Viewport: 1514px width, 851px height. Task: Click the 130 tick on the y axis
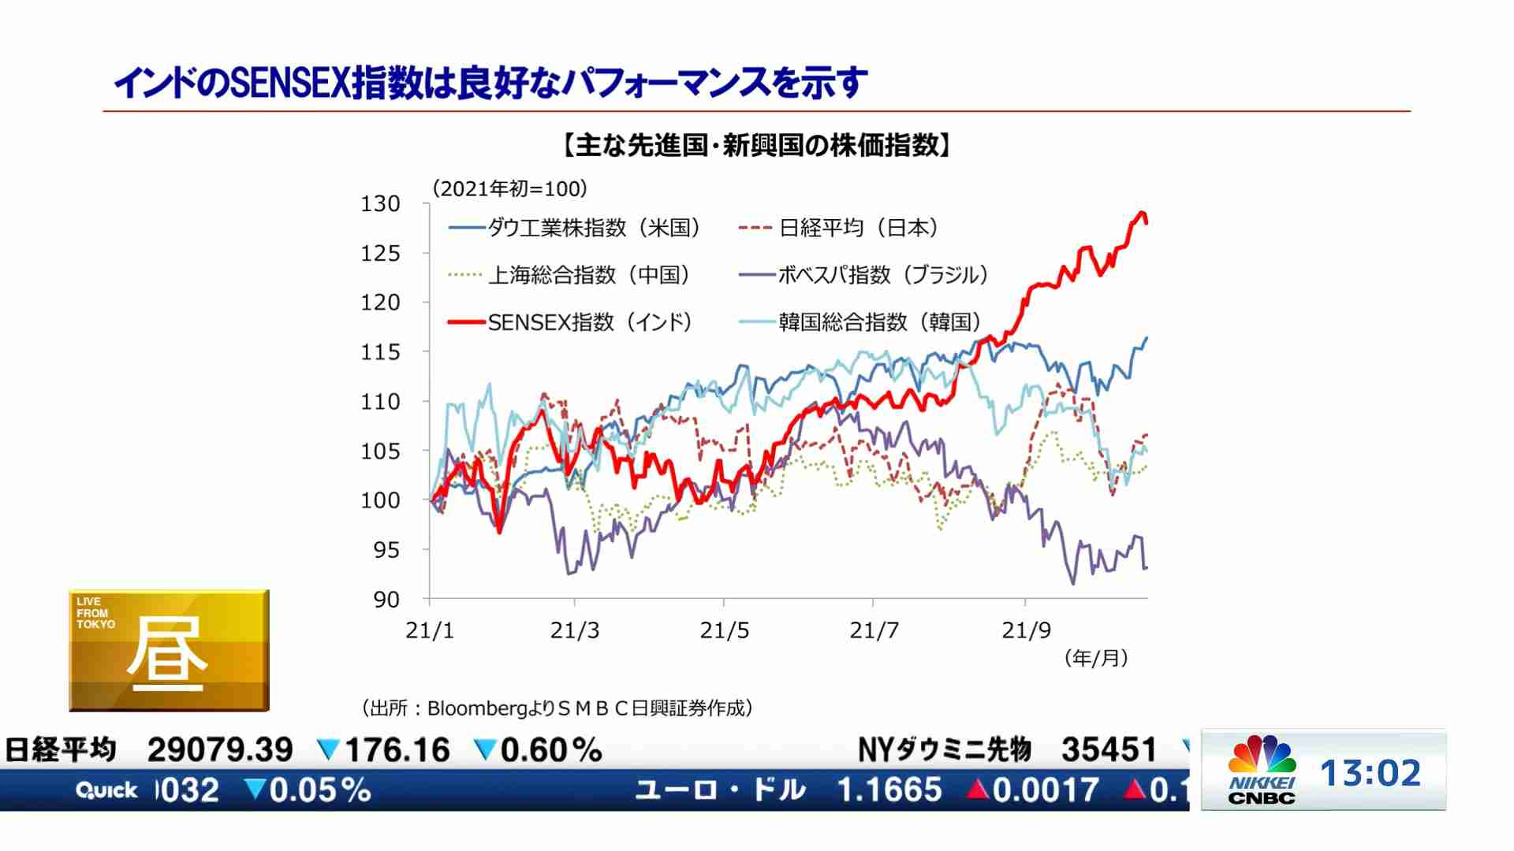click(381, 204)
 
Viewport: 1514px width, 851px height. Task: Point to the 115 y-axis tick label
click(381, 352)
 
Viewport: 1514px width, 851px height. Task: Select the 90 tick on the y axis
click(386, 600)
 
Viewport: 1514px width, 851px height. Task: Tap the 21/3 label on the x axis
click(575, 630)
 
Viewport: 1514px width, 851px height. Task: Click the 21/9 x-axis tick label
click(1026, 630)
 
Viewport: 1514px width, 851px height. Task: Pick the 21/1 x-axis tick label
click(430, 630)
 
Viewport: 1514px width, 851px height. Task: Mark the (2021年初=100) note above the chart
click(509, 189)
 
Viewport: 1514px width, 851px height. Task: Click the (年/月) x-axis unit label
click(1096, 658)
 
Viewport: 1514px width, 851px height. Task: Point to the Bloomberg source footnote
click(557, 708)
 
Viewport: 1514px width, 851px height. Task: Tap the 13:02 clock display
click(1370, 773)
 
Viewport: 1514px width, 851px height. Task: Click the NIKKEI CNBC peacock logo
click(1262, 768)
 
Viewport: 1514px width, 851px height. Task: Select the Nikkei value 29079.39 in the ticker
click(220, 750)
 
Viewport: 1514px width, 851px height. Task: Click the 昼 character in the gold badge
click(167, 652)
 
